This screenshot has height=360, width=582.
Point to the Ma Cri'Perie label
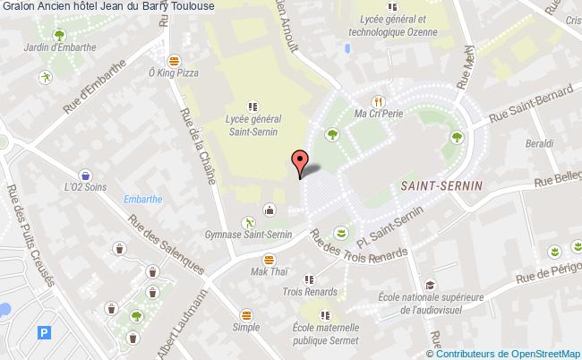(x=381, y=115)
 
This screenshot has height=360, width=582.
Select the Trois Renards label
(x=310, y=291)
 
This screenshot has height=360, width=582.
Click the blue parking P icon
(x=44, y=332)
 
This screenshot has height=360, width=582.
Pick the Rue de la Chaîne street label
(x=198, y=145)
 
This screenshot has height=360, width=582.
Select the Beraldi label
(x=538, y=143)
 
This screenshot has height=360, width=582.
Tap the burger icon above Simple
(x=246, y=315)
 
